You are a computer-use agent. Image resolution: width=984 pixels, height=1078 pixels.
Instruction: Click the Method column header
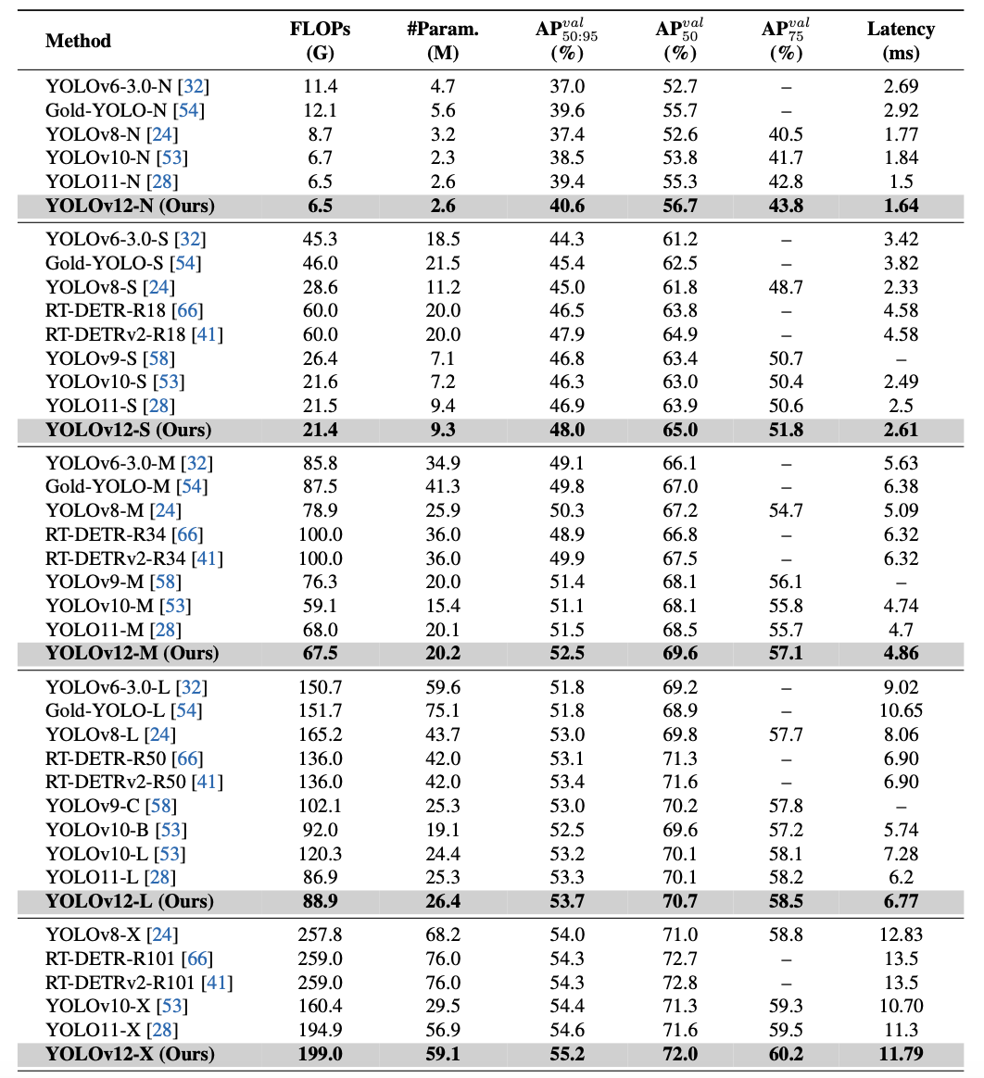tap(78, 41)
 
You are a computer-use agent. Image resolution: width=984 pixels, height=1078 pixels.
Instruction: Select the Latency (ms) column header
tap(900, 41)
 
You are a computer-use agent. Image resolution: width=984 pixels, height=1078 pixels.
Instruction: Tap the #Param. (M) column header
tap(443, 41)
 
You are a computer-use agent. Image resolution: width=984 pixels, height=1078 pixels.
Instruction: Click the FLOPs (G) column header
tap(320, 41)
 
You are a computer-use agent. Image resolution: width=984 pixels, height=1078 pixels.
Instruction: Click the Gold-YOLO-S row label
tap(109, 263)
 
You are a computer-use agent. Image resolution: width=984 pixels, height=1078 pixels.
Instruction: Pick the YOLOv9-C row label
tap(97, 806)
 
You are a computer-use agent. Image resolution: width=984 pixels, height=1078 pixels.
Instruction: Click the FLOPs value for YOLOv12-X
tap(320, 1054)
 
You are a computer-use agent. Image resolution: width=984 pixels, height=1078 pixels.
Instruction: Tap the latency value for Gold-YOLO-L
tap(900, 710)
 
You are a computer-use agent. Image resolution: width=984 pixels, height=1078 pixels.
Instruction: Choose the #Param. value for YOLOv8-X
tap(443, 934)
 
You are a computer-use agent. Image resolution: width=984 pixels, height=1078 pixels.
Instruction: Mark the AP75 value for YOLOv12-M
tap(785, 653)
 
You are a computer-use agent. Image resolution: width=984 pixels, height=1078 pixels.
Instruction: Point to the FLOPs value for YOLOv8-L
tap(320, 734)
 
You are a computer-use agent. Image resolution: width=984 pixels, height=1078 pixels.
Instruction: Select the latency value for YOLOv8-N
tap(900, 134)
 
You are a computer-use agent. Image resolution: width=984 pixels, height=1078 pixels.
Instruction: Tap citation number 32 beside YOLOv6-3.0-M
tap(197, 463)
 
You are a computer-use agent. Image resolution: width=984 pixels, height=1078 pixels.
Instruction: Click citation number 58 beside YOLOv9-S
tap(160, 358)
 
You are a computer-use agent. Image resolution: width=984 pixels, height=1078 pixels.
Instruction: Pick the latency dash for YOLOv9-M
tap(900, 583)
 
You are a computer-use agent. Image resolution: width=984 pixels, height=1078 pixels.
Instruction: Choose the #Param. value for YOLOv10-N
tap(443, 158)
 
